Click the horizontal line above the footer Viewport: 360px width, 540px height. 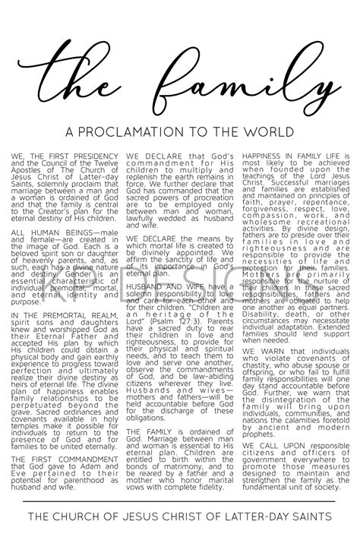click(x=180, y=502)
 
